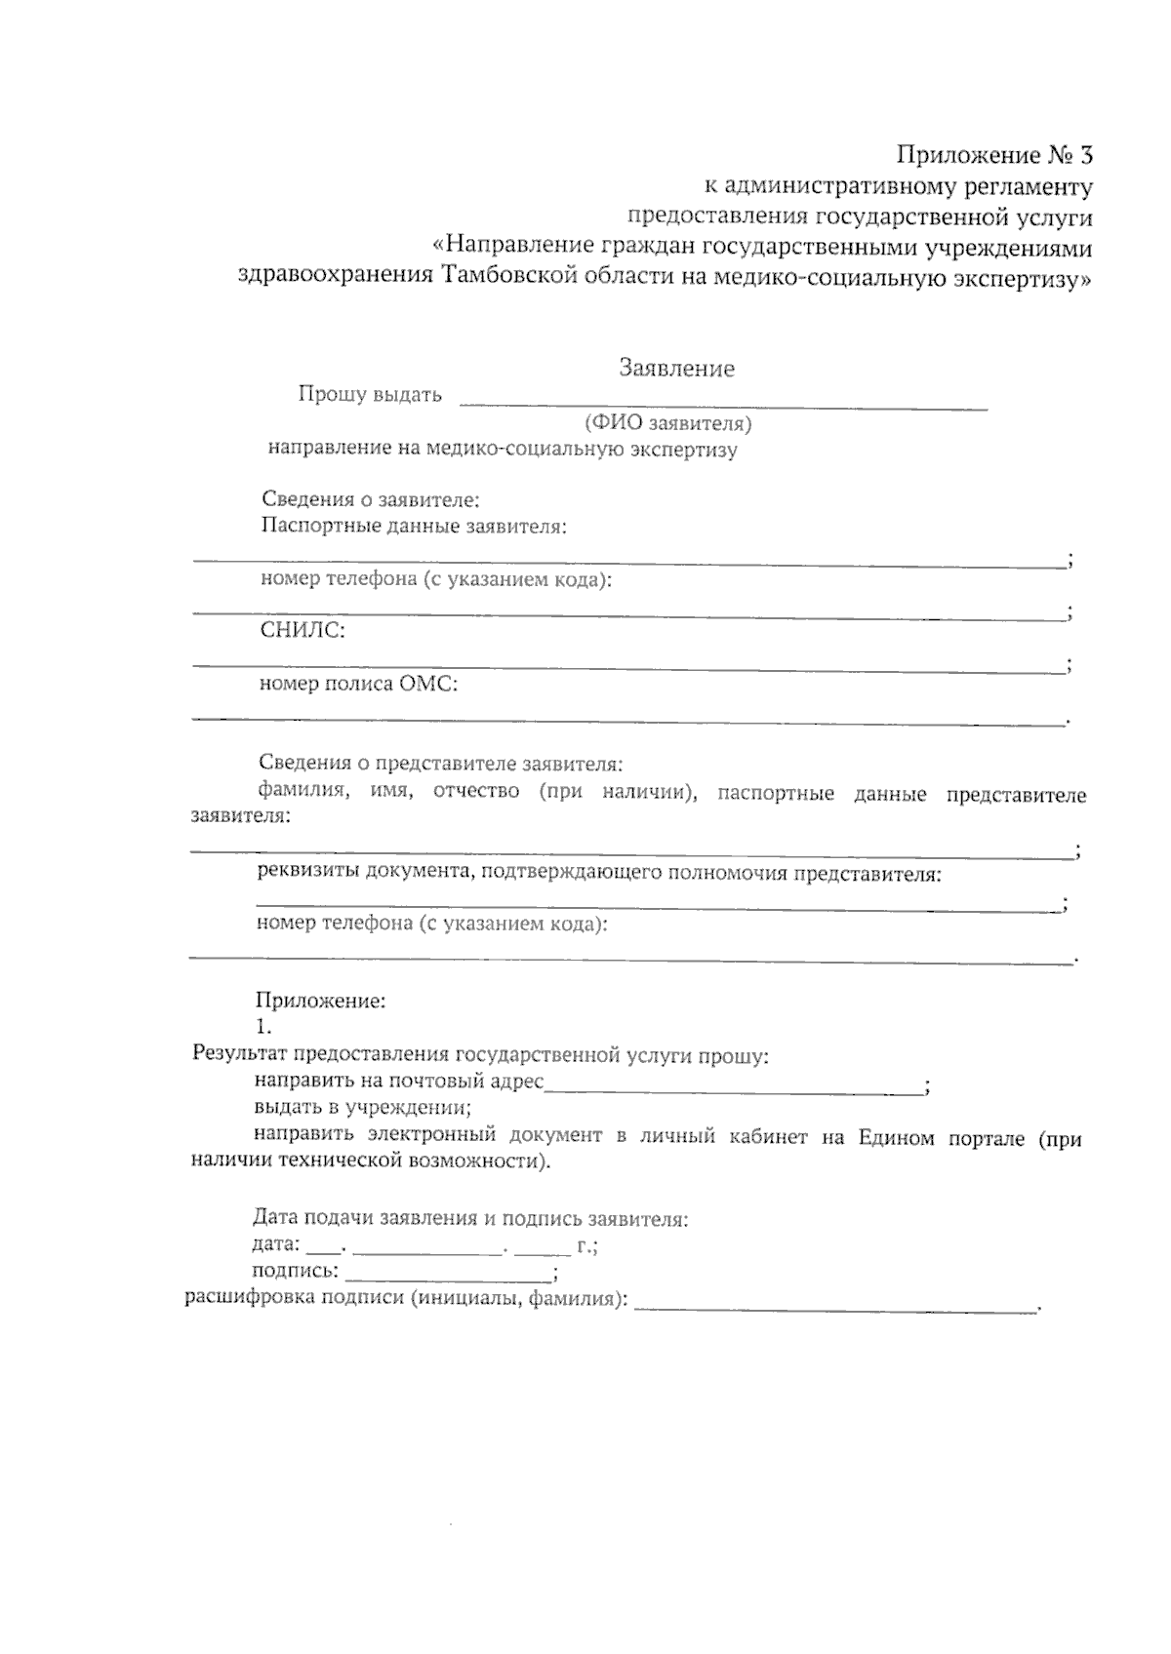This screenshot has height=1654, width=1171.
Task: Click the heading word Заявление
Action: [x=676, y=369]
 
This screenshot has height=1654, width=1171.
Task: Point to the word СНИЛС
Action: [x=303, y=631]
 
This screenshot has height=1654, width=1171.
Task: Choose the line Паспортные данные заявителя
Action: [x=414, y=527]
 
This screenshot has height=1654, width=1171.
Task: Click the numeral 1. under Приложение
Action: [x=263, y=1027]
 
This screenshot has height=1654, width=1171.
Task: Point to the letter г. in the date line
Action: [x=585, y=1245]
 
